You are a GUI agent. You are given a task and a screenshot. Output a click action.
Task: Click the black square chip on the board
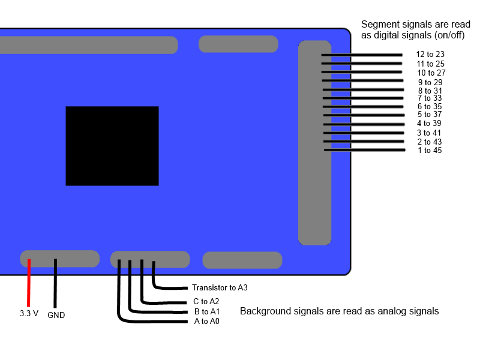click(x=112, y=146)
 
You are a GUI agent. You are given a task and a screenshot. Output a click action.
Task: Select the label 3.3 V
click(x=29, y=313)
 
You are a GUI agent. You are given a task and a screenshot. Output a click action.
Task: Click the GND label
click(x=56, y=315)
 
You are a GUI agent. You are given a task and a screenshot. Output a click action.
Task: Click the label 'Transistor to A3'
click(x=220, y=288)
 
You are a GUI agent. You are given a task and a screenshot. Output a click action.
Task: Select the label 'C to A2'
click(x=206, y=301)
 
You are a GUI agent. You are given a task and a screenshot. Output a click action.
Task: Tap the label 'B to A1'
click(x=207, y=311)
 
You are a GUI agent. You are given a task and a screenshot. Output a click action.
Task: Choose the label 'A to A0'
click(x=207, y=322)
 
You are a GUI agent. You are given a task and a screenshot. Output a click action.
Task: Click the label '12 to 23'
click(x=430, y=54)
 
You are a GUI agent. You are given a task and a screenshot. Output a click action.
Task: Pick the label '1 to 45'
click(x=430, y=150)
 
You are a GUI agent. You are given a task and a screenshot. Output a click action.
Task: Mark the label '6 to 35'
click(x=430, y=106)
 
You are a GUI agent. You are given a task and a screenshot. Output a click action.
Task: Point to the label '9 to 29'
click(x=430, y=82)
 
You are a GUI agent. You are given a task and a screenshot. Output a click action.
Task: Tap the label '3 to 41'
click(x=429, y=133)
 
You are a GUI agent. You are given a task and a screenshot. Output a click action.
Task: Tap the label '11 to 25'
click(x=431, y=64)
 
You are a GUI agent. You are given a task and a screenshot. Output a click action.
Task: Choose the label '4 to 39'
click(x=429, y=123)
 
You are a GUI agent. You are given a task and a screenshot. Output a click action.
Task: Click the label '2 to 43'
click(x=430, y=142)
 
